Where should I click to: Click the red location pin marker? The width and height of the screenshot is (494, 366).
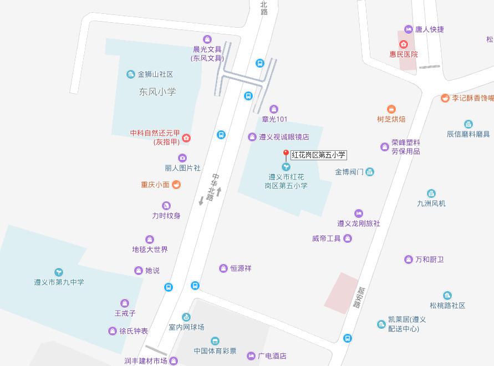(x=286, y=155)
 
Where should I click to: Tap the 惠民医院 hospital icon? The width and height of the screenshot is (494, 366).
(x=404, y=44)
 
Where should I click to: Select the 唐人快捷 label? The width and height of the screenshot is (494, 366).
(x=430, y=29)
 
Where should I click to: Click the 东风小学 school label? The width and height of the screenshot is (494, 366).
(x=157, y=91)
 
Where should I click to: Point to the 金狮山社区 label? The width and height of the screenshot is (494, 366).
(x=155, y=74)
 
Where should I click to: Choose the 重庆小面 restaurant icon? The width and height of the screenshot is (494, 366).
(x=176, y=185)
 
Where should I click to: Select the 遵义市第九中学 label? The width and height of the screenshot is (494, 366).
(x=59, y=282)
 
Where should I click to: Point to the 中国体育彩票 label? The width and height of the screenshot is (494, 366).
(x=215, y=351)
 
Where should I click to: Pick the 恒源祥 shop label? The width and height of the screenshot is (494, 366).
(x=241, y=268)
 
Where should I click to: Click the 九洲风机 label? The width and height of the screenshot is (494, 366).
(x=431, y=204)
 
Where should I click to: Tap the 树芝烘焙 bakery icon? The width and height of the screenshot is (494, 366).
(x=391, y=109)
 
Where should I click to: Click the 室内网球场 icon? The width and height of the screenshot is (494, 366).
(x=186, y=317)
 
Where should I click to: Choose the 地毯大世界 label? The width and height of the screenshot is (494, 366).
(x=150, y=250)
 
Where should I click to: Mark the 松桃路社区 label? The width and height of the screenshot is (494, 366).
(x=447, y=306)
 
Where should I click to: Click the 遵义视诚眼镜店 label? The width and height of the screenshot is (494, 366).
(x=284, y=137)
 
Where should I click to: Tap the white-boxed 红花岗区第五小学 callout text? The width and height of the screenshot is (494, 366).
(x=319, y=155)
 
